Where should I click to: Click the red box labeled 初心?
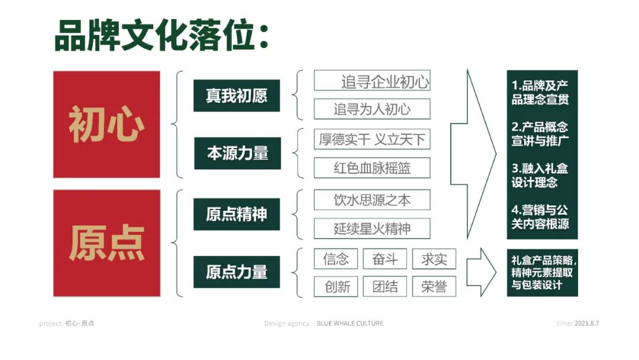106,124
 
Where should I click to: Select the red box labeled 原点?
106,243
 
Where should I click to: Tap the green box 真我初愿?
237,96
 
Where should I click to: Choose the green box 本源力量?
237,153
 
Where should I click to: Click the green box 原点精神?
237,214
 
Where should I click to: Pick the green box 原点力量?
237,272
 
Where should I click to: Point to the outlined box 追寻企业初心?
372,81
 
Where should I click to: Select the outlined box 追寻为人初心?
372,109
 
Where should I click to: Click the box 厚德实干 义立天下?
372,140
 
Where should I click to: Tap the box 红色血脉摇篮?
372,168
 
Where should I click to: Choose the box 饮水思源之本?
372,200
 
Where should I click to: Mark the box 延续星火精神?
372,229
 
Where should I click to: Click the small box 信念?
336,259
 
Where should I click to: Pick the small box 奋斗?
385,259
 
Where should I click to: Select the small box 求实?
434,259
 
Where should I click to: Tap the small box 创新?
337,287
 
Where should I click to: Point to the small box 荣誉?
434,287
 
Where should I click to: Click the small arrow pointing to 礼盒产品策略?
481,272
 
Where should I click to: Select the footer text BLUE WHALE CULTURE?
350,323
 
